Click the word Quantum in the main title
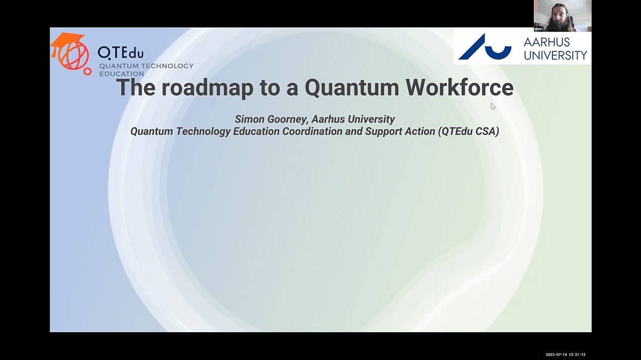(x=352, y=87)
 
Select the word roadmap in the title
(x=207, y=88)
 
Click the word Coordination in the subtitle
(x=312, y=131)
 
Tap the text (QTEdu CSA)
(x=468, y=131)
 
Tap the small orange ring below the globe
(x=88, y=72)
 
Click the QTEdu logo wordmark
(x=121, y=53)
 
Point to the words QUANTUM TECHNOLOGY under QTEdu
(x=146, y=66)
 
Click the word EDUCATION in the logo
(x=122, y=74)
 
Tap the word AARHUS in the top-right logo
(x=546, y=42)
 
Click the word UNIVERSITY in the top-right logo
(x=556, y=55)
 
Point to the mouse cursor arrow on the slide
(x=493, y=106)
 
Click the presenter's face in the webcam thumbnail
(x=559, y=18)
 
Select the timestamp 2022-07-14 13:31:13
(x=566, y=355)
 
